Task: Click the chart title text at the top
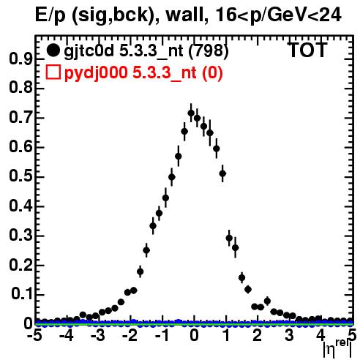pyautogui.click(x=188, y=15)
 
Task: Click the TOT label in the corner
pyautogui.click(x=308, y=50)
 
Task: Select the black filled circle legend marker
pyautogui.click(x=53, y=50)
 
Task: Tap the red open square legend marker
pyautogui.click(x=53, y=72)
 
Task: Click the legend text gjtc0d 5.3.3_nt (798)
pyautogui.click(x=146, y=51)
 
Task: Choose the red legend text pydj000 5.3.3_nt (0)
pyautogui.click(x=143, y=72)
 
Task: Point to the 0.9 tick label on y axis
pyautogui.click(x=20, y=59)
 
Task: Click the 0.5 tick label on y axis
pyautogui.click(x=20, y=176)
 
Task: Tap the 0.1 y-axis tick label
pyautogui.click(x=22, y=294)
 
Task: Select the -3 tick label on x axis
pyautogui.click(x=98, y=335)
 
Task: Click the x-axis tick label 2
pyautogui.click(x=258, y=335)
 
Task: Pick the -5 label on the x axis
pyautogui.click(x=34, y=335)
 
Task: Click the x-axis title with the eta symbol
pyautogui.click(x=337, y=349)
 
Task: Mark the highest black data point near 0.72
pyautogui.click(x=191, y=113)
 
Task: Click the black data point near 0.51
pyautogui.click(x=222, y=173)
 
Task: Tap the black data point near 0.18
pyautogui.click(x=140, y=271)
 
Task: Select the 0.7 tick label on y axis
pyautogui.click(x=20, y=118)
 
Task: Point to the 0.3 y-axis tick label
pyautogui.click(x=20, y=236)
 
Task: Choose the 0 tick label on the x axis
pyautogui.click(x=194, y=335)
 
